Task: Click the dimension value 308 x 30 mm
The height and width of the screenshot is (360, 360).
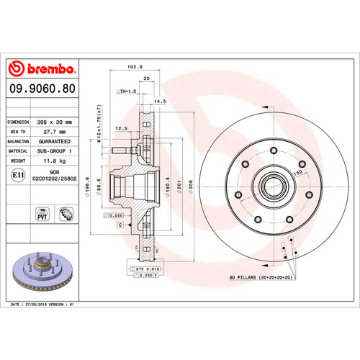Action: click(x=56, y=122)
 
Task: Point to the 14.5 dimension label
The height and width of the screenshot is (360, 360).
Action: click(x=161, y=102)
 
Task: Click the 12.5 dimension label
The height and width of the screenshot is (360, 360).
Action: click(x=121, y=128)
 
